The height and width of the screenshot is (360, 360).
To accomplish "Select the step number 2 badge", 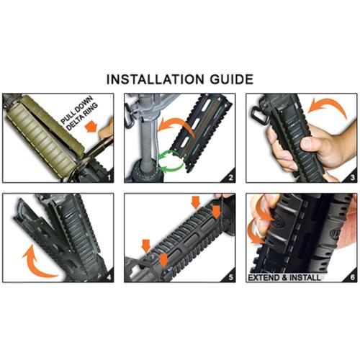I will [230, 175].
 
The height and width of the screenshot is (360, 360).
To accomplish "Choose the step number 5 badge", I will [230, 275].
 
